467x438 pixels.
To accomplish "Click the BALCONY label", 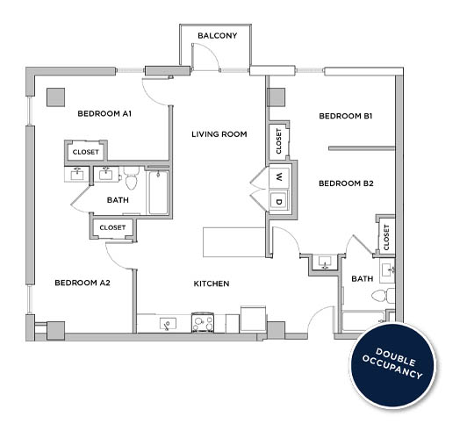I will (x=216, y=35).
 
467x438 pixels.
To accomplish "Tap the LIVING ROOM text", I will (x=219, y=134).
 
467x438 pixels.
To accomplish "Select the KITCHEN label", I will (x=212, y=284).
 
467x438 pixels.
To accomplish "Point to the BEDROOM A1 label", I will (x=104, y=114).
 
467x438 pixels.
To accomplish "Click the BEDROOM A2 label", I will (x=82, y=283).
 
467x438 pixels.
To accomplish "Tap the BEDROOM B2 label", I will (x=346, y=183).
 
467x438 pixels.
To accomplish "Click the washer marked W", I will (x=278, y=176).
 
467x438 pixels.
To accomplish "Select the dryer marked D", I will (x=278, y=202).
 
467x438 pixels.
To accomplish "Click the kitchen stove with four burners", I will (x=204, y=323).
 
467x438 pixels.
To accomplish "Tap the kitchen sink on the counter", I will (x=167, y=324).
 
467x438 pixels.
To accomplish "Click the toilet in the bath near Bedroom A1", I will (x=132, y=181).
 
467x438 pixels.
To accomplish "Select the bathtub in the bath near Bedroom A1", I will (x=160, y=191).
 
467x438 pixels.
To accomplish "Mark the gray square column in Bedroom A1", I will (x=57, y=97).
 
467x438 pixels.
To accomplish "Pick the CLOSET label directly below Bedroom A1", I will (x=86, y=152).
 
